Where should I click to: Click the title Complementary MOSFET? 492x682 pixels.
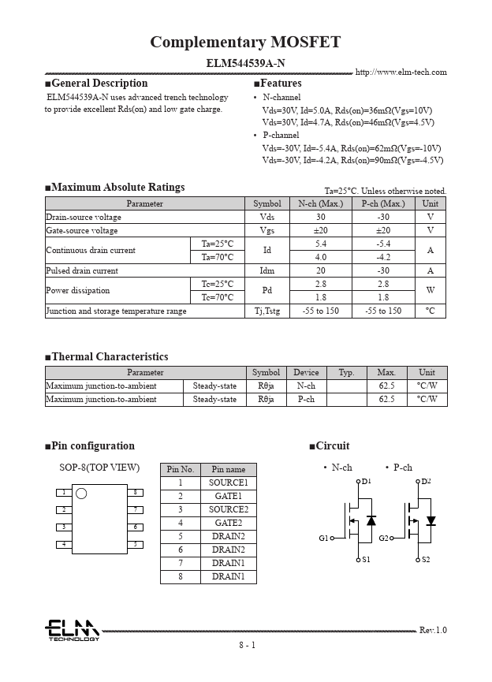[x=245, y=43]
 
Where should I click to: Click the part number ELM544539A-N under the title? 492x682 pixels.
[x=245, y=61]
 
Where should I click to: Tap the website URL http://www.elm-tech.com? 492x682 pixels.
[x=401, y=73]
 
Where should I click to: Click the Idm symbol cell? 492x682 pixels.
[x=266, y=270]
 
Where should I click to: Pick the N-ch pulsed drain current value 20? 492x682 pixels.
[x=320, y=270]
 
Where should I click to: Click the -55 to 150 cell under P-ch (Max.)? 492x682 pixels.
[x=383, y=311]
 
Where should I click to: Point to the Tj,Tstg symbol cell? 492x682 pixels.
[x=266, y=311]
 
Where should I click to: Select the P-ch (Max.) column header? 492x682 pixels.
[x=383, y=203]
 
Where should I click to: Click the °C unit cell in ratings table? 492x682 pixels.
[x=430, y=311]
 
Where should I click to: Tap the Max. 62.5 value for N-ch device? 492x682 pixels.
[x=386, y=386]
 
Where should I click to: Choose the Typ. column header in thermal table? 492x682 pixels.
[x=346, y=373]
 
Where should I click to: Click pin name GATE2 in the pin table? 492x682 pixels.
[x=228, y=524]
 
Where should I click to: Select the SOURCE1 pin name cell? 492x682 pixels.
[x=228, y=483]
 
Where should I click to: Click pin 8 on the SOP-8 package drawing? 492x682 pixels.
[x=136, y=493]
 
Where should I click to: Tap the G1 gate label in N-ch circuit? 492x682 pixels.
[x=323, y=539]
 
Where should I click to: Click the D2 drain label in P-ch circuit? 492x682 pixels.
[x=427, y=481]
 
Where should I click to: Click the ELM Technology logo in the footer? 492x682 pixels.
[x=72, y=630]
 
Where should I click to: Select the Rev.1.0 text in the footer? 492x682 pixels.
[x=432, y=630]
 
